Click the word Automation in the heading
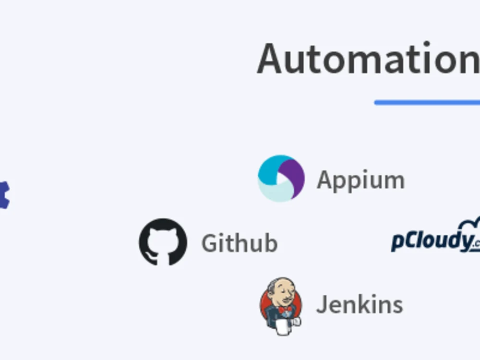(x=368, y=59)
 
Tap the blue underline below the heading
(x=427, y=103)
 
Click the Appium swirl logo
(x=281, y=179)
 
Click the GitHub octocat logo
(x=163, y=242)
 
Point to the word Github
(x=240, y=243)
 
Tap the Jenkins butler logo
(x=281, y=306)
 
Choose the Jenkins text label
(x=360, y=305)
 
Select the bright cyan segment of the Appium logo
(x=271, y=170)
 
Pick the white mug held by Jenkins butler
(x=283, y=327)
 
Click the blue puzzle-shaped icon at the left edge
(x=4, y=195)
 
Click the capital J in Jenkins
(x=321, y=305)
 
